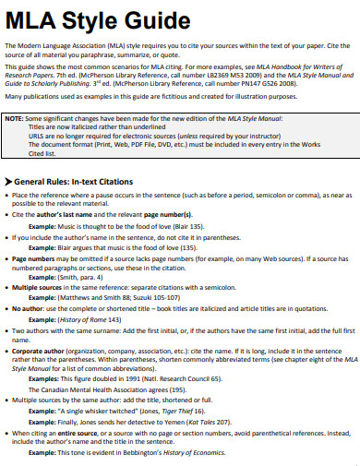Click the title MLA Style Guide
(x=70, y=18)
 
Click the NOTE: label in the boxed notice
(x=16, y=120)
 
